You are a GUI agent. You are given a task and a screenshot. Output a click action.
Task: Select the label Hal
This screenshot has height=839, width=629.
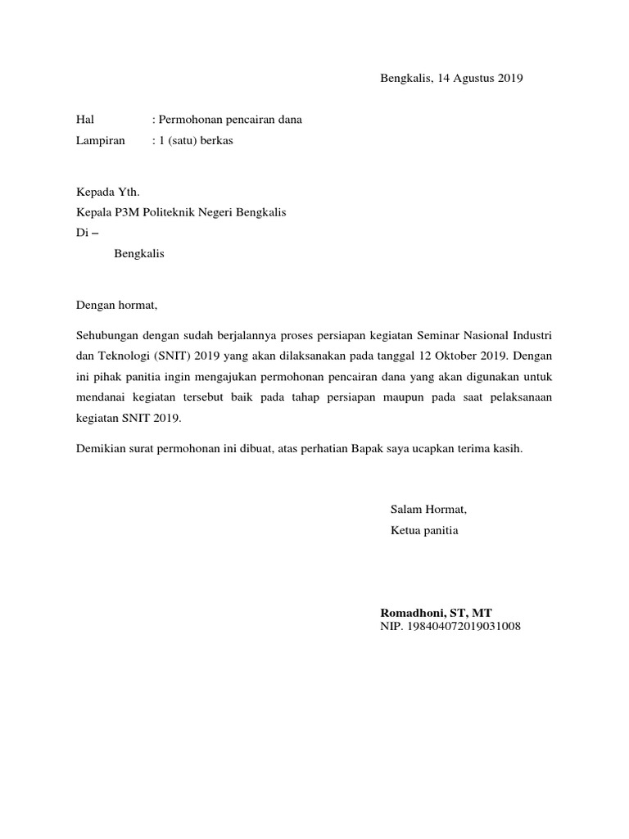point(85,120)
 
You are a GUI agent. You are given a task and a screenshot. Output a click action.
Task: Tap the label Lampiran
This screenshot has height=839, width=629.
point(100,140)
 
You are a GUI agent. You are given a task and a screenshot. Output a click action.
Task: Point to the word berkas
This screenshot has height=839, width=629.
point(215,140)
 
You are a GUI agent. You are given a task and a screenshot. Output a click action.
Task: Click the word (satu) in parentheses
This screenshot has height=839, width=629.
point(181,140)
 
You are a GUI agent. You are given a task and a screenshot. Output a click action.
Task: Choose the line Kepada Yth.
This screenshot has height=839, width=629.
point(107,193)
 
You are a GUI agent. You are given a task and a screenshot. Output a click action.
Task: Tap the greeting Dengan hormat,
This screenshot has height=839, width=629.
point(115,306)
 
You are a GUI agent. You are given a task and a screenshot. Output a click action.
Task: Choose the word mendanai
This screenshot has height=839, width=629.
point(101,397)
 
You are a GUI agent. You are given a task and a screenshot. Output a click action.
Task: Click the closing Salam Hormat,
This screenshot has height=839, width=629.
point(428,510)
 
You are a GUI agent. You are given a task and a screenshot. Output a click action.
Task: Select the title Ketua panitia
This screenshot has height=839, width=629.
point(424,530)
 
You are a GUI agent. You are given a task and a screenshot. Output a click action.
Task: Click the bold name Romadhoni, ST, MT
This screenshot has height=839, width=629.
point(436,613)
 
